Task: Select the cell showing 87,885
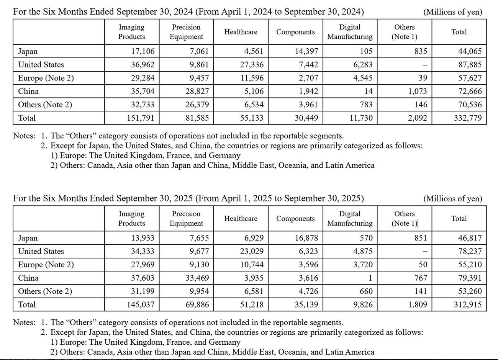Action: pos(470,65)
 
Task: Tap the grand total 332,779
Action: pos(467,118)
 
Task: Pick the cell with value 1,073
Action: pos(418,92)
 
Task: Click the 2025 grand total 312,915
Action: pos(467,305)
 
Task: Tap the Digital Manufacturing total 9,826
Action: pos(361,305)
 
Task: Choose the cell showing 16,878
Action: pos(306,238)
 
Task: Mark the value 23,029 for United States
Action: pos(252,252)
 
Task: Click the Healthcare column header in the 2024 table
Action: pos(241,32)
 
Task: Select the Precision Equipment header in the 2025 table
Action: pos(186,219)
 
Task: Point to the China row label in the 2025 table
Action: pos(28,278)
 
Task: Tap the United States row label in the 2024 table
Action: pos(41,65)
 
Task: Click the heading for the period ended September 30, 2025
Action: pos(188,198)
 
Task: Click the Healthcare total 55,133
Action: pos(252,118)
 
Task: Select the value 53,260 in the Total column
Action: pos(470,291)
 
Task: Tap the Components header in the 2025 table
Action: pos(295,219)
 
